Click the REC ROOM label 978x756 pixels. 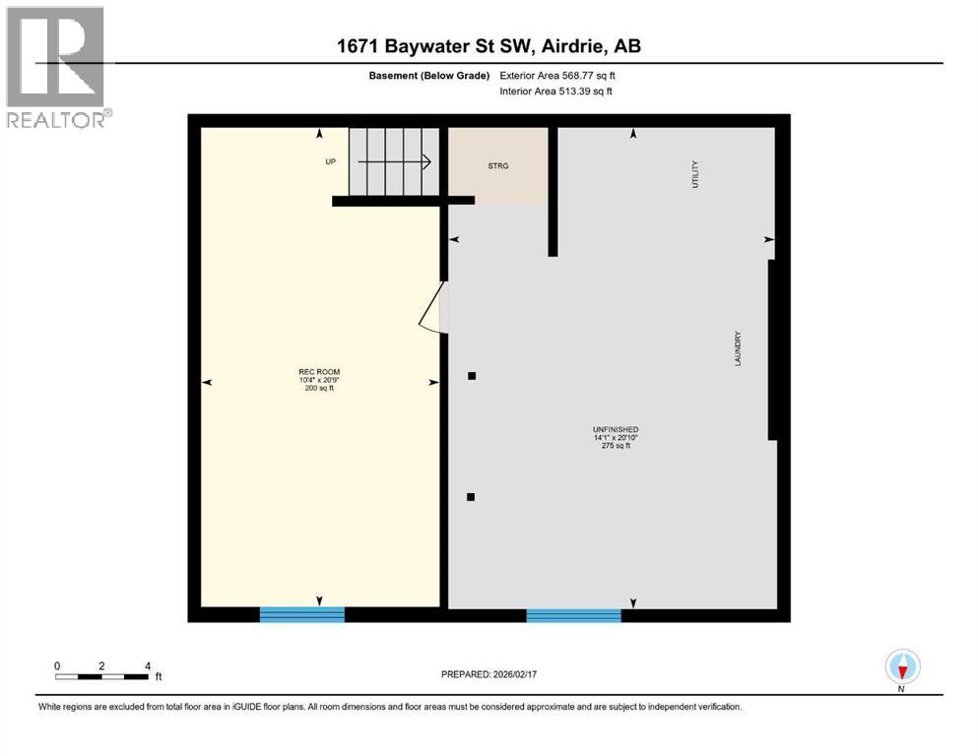(319, 372)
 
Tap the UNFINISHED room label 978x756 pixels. (615, 430)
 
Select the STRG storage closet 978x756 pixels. (498, 165)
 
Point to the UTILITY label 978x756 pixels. (695, 174)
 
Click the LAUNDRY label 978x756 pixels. (737, 348)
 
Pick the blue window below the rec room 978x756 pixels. (302, 614)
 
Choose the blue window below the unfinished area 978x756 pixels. (573, 615)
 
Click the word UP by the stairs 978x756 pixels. (331, 162)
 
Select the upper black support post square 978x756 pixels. (472, 375)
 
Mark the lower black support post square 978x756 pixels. (472, 497)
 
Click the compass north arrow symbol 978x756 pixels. (902, 667)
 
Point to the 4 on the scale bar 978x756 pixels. (148, 666)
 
